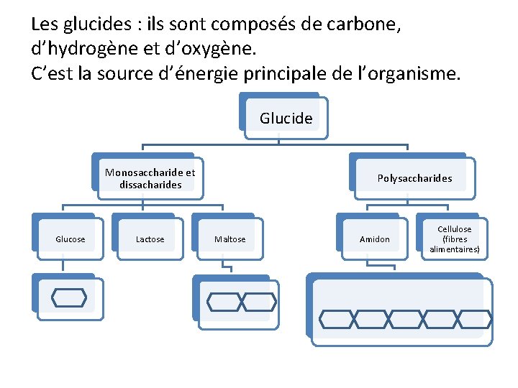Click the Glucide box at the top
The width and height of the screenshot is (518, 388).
[x=286, y=119]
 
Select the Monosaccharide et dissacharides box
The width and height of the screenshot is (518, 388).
[x=150, y=178]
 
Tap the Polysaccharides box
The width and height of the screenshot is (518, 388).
[x=414, y=178]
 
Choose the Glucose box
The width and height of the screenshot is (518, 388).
[x=70, y=239]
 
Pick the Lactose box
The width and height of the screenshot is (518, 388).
[x=150, y=239]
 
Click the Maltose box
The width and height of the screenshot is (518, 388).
[x=230, y=239]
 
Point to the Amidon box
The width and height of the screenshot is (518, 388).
[x=375, y=239]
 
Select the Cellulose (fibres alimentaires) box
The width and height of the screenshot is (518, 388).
[x=454, y=239]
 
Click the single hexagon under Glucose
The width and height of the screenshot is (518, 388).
[x=69, y=297]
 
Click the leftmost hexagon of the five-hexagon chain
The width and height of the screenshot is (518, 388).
[x=337, y=319]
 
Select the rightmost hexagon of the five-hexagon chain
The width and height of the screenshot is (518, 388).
[x=475, y=319]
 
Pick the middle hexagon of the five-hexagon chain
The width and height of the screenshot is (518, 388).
[x=406, y=319]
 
